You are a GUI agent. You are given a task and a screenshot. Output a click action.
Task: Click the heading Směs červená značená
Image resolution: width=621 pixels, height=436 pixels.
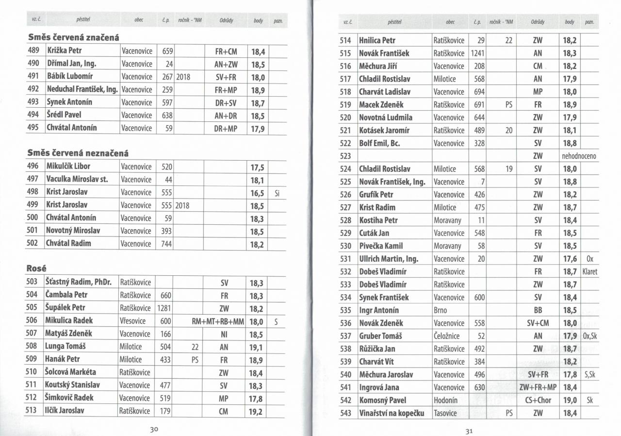[x=74, y=37]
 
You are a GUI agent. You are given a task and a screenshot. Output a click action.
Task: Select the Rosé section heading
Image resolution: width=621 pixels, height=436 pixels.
[x=36, y=268]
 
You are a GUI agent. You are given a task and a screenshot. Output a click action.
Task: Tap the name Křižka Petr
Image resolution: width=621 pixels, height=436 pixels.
[x=64, y=51]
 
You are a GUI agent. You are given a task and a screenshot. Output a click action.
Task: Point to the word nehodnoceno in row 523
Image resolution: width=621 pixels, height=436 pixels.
[x=579, y=156]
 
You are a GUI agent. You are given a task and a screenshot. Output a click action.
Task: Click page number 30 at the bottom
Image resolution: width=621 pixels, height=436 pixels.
[x=155, y=429]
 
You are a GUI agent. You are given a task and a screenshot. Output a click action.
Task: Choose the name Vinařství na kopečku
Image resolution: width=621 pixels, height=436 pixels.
[x=392, y=413]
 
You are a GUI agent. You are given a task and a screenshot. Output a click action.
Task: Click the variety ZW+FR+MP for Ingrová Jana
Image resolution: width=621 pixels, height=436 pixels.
[x=538, y=387]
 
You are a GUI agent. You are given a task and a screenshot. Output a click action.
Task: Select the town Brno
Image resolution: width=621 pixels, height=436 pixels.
[x=440, y=310]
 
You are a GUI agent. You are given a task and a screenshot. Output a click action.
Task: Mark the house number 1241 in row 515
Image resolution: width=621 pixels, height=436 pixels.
[x=478, y=53]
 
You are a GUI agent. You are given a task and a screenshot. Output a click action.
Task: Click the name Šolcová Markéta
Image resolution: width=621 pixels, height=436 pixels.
[x=70, y=372]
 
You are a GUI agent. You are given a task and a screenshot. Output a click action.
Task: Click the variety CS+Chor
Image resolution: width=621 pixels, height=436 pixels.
[x=538, y=401]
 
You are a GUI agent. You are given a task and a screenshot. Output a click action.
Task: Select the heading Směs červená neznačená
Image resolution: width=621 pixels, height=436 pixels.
[x=78, y=153]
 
